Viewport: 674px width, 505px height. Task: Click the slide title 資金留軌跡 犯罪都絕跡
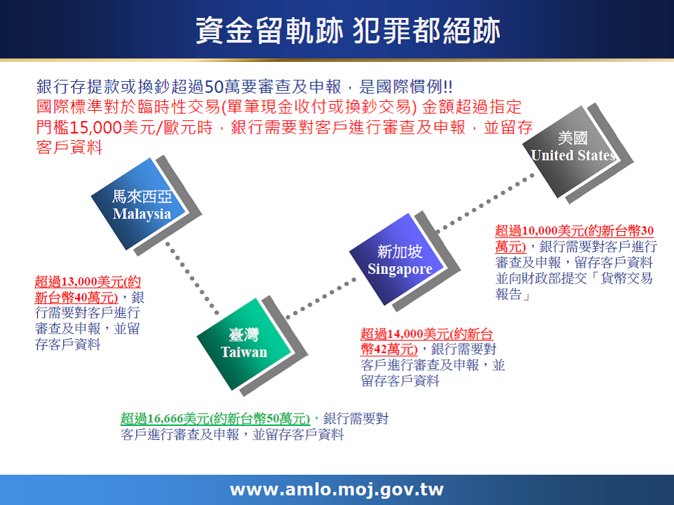point(348,30)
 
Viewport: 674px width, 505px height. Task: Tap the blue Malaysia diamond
point(138,204)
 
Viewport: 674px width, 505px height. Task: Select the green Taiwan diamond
point(244,344)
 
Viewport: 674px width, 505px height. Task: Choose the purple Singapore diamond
point(397,259)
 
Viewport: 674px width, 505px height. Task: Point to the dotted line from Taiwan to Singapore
point(322,299)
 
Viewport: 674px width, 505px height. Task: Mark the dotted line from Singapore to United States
point(485,203)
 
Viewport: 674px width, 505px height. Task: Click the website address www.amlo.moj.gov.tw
point(337,489)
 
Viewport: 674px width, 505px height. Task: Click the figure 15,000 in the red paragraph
point(96,127)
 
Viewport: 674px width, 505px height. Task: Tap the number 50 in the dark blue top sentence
point(214,87)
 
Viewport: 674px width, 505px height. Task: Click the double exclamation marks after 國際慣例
point(448,87)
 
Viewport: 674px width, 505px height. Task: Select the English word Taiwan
point(244,352)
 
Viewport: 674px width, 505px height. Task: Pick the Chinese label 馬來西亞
point(142,197)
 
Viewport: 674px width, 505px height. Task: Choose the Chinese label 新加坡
point(400,252)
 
